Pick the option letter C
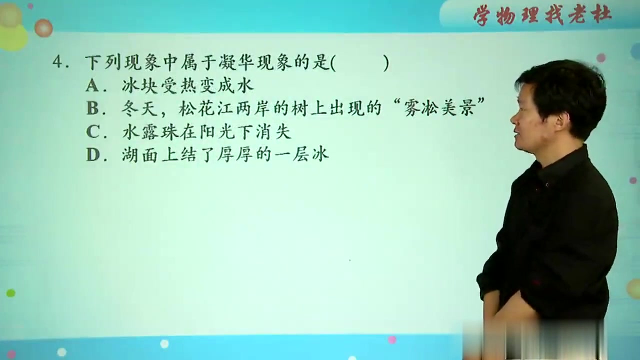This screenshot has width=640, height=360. coord(92,131)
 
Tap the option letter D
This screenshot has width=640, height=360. coord(92,154)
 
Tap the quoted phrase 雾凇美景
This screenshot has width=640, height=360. coord(438,109)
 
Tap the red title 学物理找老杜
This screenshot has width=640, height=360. coord(542,15)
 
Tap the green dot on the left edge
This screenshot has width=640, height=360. coord(10,293)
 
